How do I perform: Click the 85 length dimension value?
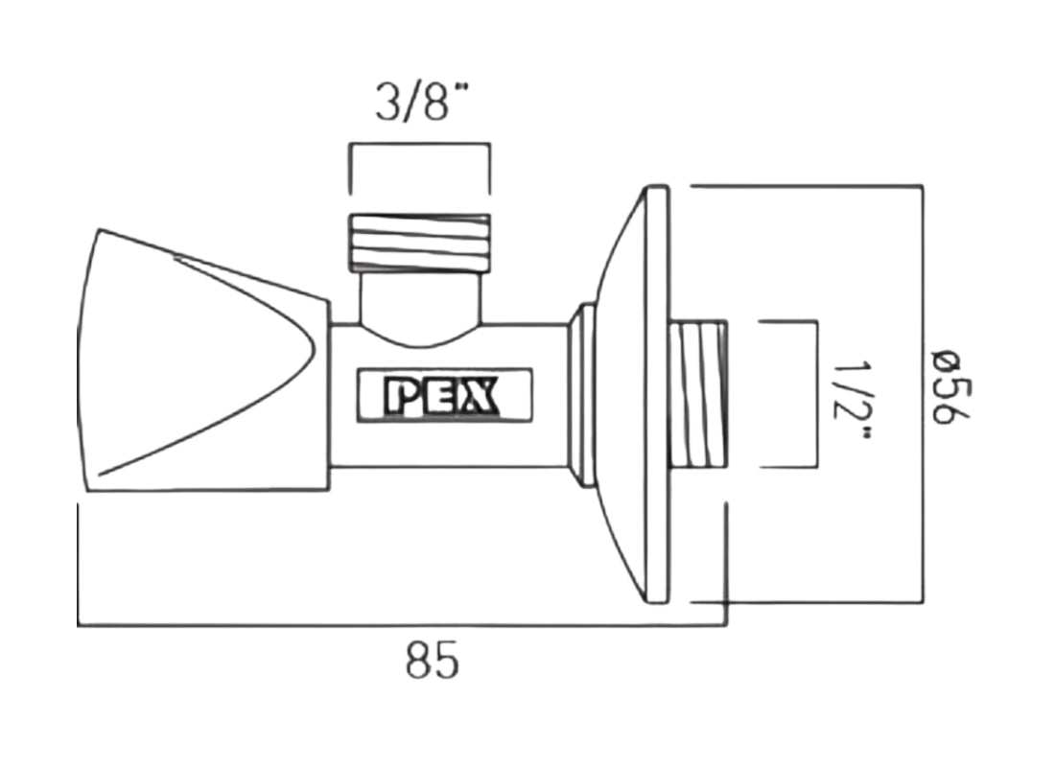[x=432, y=662]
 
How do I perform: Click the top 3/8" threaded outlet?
[x=420, y=241]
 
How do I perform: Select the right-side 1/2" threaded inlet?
[x=698, y=395]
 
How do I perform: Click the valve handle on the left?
[x=192, y=360]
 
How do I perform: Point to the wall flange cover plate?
[x=638, y=394]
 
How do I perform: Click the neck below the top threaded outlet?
[x=419, y=302]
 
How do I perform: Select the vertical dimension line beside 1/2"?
[x=816, y=395]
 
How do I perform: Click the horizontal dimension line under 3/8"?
[x=419, y=146]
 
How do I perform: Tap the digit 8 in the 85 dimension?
[x=418, y=662]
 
